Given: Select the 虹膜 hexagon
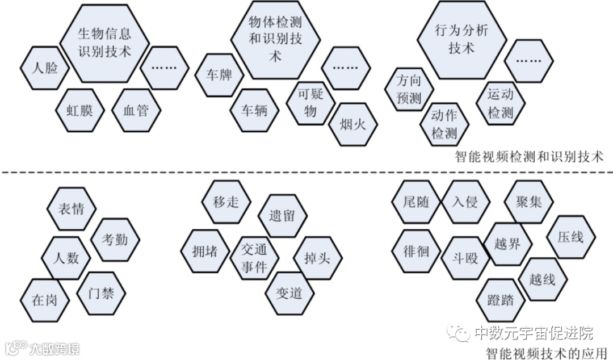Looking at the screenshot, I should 81,110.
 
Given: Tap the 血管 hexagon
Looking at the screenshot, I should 135,110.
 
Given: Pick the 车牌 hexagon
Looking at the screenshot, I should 219,74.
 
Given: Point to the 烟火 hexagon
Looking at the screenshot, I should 353,124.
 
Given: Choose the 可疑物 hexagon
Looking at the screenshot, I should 310,102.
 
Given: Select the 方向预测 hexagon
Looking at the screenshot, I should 409,90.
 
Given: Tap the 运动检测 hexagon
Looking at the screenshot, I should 500,103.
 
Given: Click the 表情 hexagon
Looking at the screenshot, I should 71,208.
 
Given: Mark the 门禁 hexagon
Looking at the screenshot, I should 101,294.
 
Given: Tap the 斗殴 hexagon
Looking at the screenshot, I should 464,258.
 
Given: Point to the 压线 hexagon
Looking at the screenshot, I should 570,236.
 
